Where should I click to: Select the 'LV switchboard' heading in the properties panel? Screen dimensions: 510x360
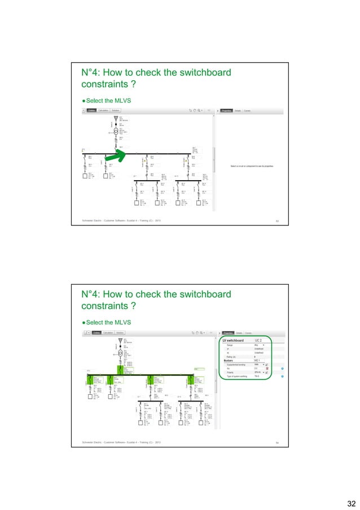(232, 341)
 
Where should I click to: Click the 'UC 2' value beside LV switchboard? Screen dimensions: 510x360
(258, 341)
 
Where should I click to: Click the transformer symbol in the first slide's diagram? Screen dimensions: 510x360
(116, 130)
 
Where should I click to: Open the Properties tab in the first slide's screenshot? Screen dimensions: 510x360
(226, 111)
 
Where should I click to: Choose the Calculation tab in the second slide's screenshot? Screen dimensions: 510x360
(104, 333)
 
